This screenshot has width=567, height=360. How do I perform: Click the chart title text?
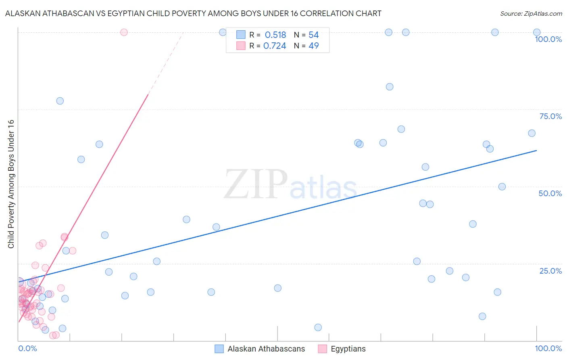coord(193,14)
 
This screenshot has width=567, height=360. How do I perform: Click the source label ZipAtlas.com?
coord(531,14)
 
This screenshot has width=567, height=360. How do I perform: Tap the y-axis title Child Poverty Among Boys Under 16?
coord(11,184)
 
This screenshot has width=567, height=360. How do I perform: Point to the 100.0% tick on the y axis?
coord(548,39)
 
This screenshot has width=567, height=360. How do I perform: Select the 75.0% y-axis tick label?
coord(550,116)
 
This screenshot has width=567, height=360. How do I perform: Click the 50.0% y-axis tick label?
coord(550,193)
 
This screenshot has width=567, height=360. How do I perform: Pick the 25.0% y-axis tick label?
coord(550,271)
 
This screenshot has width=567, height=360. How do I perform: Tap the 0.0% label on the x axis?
coord(27,348)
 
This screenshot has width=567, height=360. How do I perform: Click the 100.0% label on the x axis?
coord(548,348)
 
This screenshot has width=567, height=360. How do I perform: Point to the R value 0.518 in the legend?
coord(275,35)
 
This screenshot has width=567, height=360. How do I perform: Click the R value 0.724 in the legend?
coord(274,46)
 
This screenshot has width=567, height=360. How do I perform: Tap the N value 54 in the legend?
coord(313,35)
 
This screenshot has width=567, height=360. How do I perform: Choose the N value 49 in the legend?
coord(313,46)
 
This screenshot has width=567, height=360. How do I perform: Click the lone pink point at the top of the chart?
coord(124,32)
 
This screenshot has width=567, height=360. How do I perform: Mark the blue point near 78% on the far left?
coord(60,101)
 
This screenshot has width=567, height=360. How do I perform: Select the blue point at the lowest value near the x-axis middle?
coord(318,327)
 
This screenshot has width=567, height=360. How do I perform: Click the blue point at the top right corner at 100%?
coord(537,32)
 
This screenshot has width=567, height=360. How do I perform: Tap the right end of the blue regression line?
coord(537,151)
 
